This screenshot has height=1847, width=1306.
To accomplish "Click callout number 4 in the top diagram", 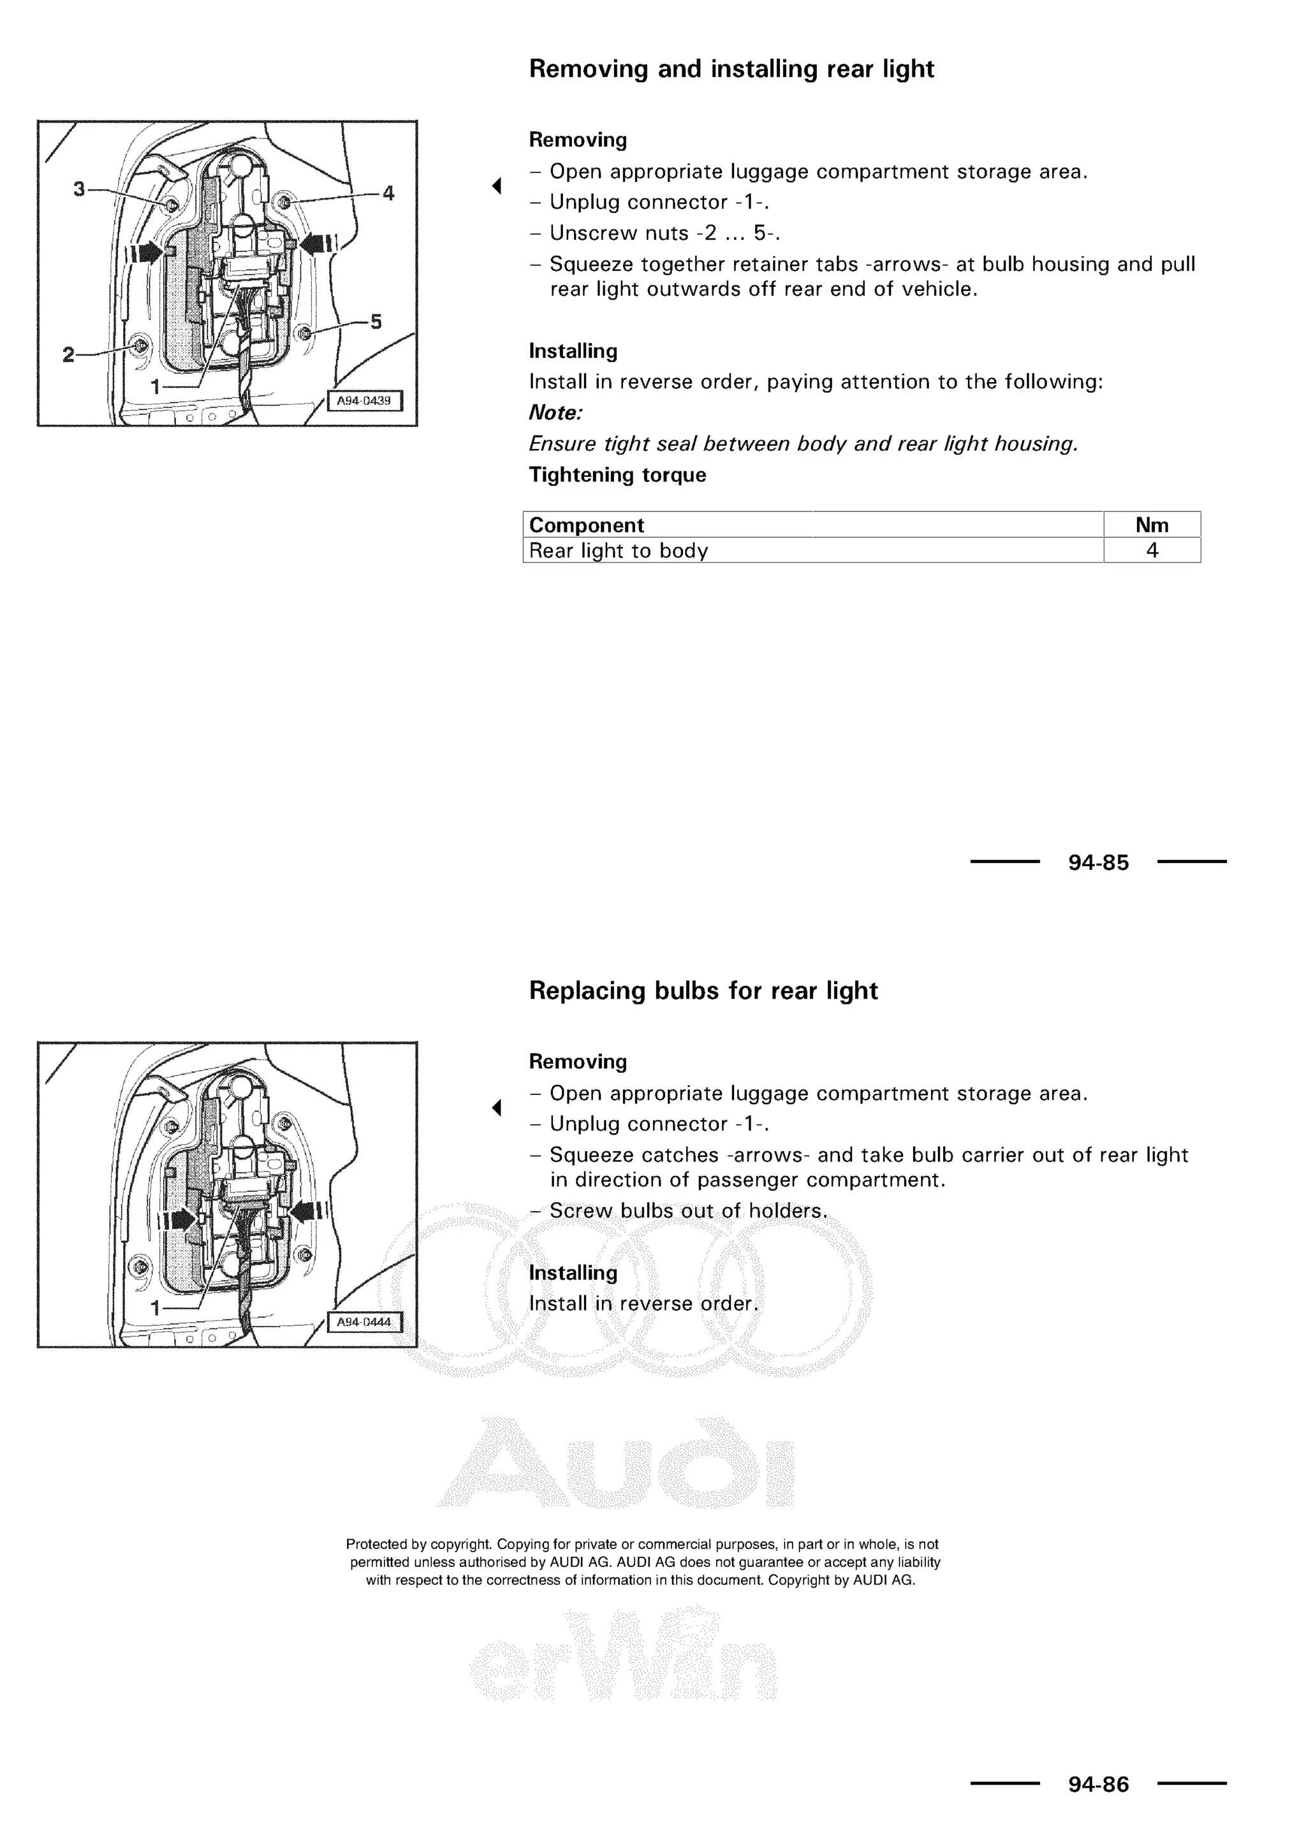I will tap(388, 193).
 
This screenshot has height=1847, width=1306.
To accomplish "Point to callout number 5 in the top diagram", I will tap(376, 322).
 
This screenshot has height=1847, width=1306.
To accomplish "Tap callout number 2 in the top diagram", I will tap(68, 355).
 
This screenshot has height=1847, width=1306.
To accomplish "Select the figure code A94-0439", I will tap(363, 401).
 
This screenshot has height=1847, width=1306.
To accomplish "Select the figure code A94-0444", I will tap(363, 1323).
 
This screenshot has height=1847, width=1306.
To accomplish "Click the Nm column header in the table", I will tap(1151, 526).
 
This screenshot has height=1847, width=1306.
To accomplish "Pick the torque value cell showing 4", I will tap(1152, 550).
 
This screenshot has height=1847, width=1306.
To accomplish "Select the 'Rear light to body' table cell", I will tap(619, 551).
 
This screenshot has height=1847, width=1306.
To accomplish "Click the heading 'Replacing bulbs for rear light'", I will tap(703, 990).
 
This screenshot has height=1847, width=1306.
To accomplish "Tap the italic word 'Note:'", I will tap(555, 413).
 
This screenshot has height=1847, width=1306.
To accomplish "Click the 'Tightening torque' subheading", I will tap(617, 475).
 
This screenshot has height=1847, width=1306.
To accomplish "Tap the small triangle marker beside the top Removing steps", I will tap(497, 186).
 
